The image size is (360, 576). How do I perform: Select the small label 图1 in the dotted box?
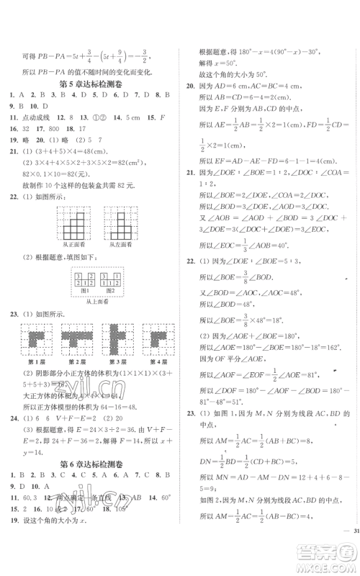point(84,293)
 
